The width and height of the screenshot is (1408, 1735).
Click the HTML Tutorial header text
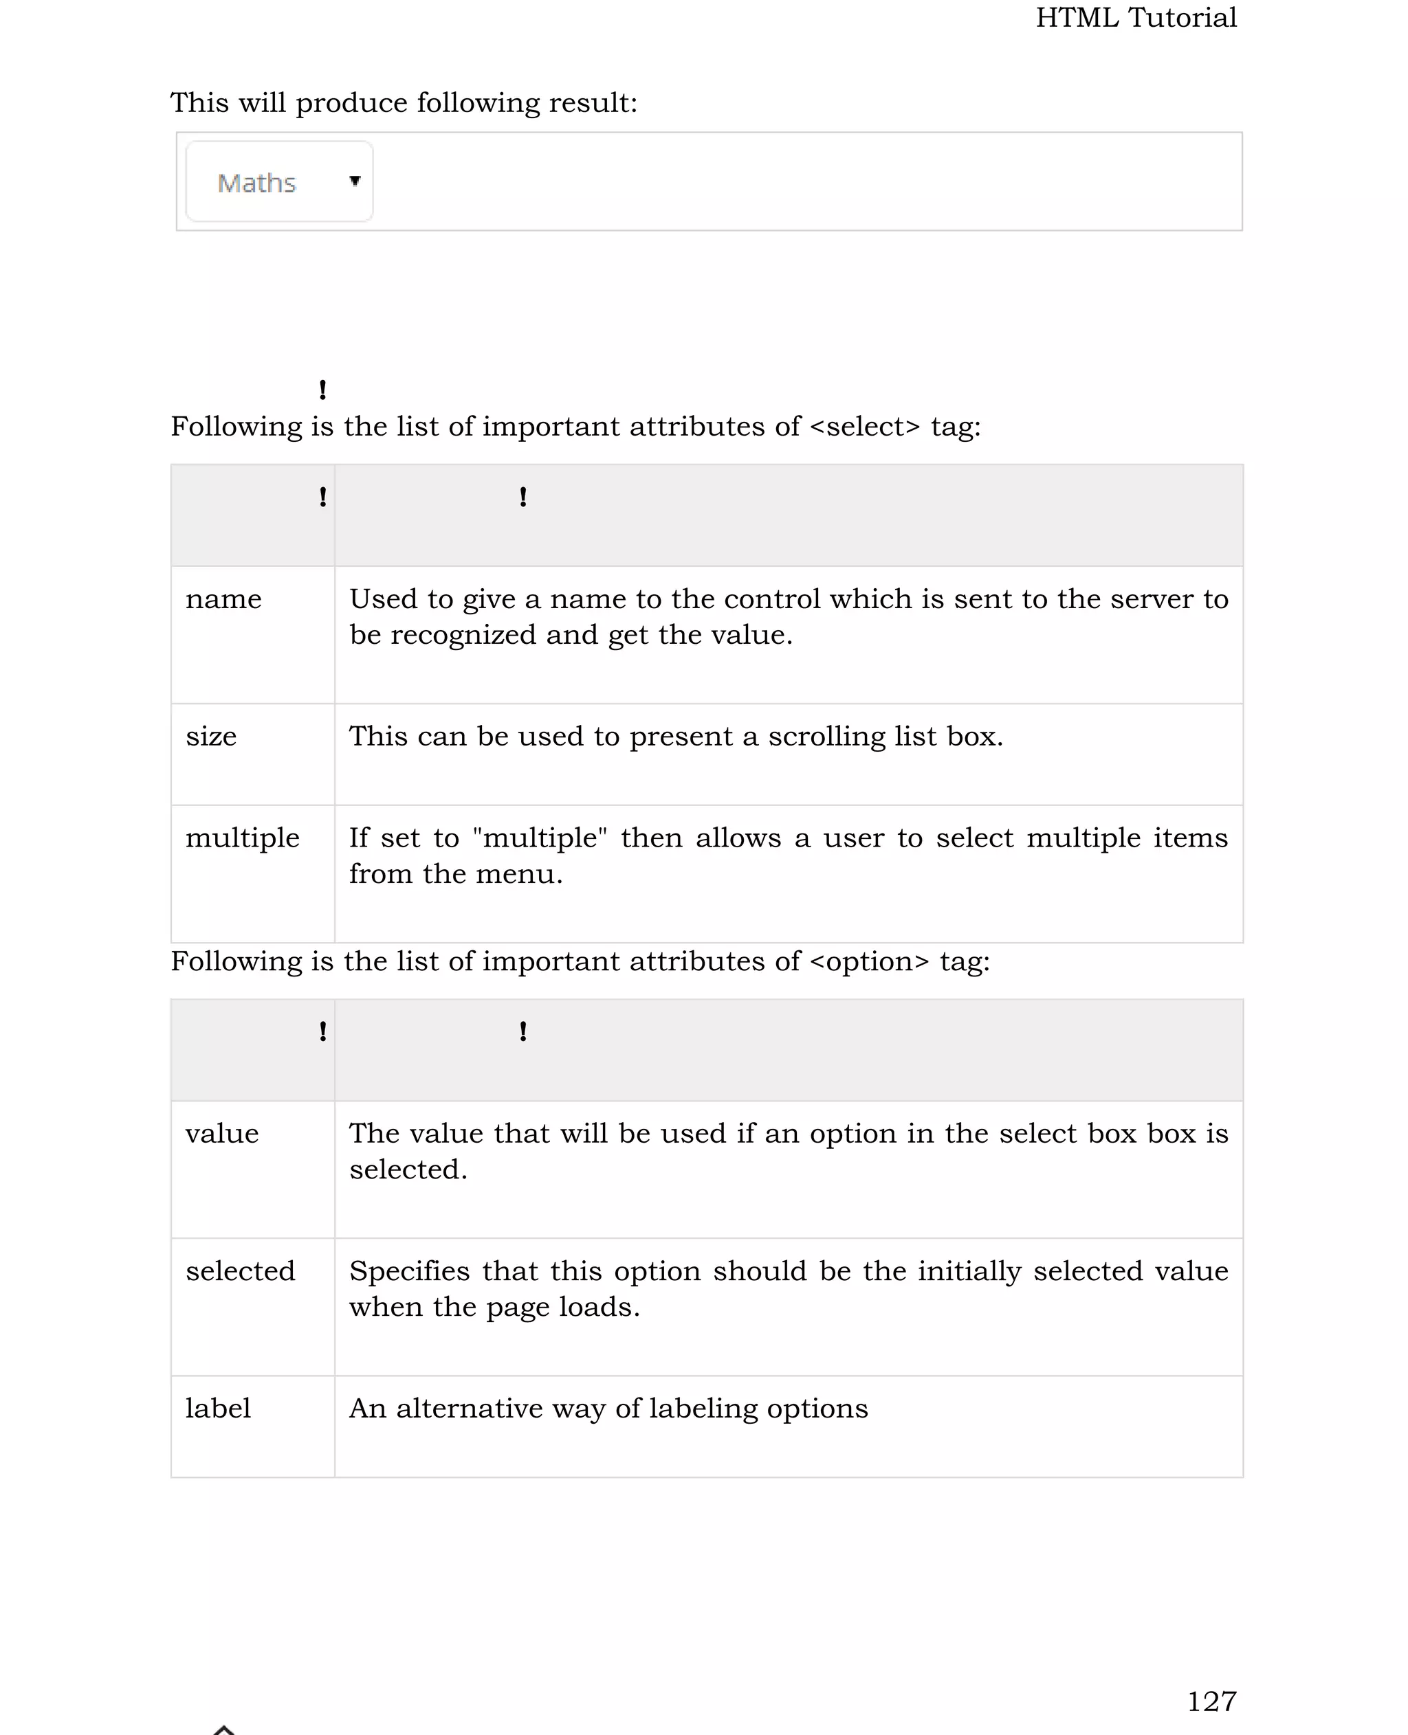[1136, 18]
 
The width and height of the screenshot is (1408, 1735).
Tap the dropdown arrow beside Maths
[355, 181]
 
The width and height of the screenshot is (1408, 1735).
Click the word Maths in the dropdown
[256, 183]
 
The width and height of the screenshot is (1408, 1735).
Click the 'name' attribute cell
[224, 599]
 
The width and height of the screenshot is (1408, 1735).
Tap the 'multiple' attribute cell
[243, 838]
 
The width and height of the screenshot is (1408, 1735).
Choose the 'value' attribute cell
[222, 1134]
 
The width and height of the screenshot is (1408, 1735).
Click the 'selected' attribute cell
[240, 1271]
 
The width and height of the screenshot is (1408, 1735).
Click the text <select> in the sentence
[865, 427]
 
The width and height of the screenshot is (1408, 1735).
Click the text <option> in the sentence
[870, 961]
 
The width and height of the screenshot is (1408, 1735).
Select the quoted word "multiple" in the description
[540, 838]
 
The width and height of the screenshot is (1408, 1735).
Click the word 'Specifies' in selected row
[410, 1271]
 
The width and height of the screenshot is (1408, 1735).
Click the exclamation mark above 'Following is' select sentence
[323, 390]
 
